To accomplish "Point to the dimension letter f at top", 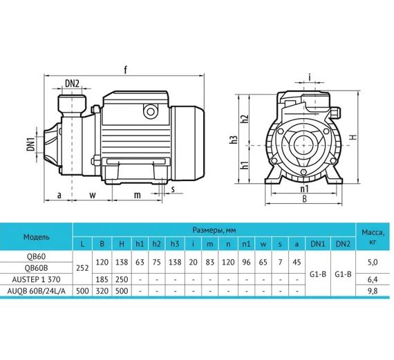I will click(x=124, y=68).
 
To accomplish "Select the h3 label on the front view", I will click(x=236, y=140).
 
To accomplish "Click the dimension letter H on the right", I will click(x=352, y=138).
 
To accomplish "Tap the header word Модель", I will click(x=36, y=236).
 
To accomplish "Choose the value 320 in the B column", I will click(x=102, y=292).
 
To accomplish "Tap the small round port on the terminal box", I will click(x=149, y=111).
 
